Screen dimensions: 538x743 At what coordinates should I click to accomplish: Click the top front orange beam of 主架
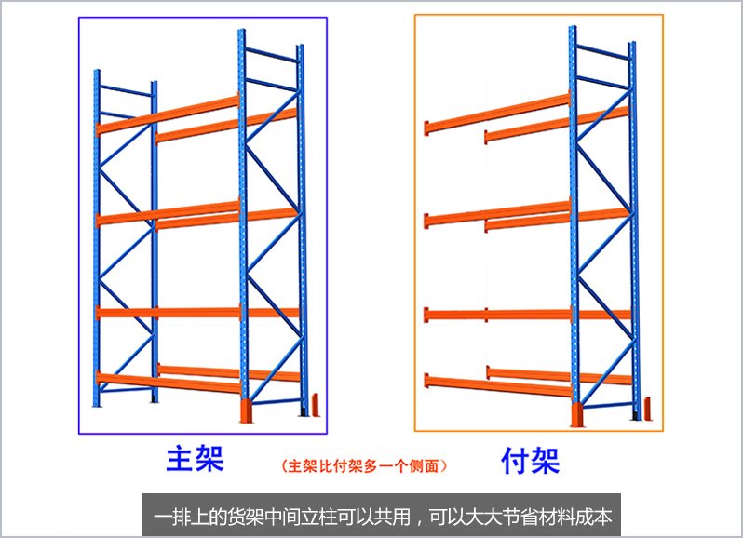click(168, 113)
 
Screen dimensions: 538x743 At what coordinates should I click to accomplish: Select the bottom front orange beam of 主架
click(168, 382)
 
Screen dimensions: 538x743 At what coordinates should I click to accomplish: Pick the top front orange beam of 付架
click(498, 114)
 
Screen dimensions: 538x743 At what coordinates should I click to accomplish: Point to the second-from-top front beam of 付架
click(498, 214)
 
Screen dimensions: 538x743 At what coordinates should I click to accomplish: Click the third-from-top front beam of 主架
click(168, 312)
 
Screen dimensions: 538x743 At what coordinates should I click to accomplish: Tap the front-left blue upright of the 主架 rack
click(96, 242)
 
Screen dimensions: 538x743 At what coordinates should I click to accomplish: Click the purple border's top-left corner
click(79, 17)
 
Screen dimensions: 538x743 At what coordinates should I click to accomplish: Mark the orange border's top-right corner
click(663, 15)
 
